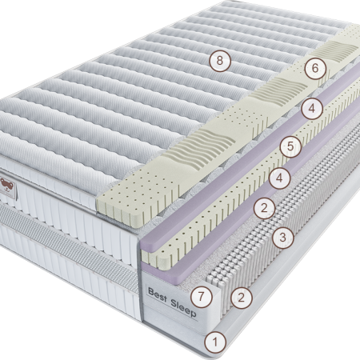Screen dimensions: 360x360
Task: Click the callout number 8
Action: pyautogui.click(x=220, y=61)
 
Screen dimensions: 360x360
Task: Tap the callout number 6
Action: pyautogui.click(x=315, y=68)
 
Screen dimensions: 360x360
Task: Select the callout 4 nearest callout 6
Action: pyautogui.click(x=312, y=109)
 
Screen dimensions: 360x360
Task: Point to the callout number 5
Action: pyautogui.click(x=290, y=146)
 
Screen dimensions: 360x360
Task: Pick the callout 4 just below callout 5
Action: pyautogui.click(x=279, y=178)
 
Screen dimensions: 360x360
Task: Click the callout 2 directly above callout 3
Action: pyautogui.click(x=264, y=208)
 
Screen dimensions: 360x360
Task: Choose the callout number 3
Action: pyautogui.click(x=283, y=237)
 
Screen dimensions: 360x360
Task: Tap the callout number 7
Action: pyautogui.click(x=202, y=296)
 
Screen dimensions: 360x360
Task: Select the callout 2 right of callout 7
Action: pyautogui.click(x=242, y=298)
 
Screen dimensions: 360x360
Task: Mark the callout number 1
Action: pyautogui.click(x=215, y=342)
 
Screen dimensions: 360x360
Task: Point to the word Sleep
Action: pyautogui.click(x=183, y=308)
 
